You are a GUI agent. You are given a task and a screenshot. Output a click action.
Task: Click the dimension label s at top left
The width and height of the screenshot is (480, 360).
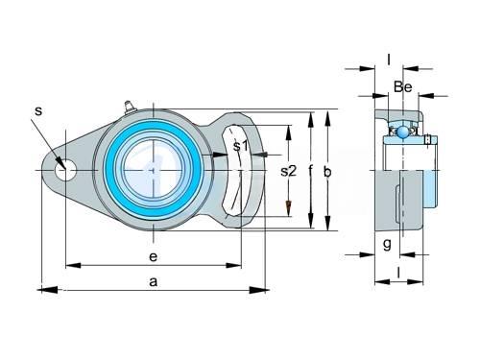(x=38, y=111)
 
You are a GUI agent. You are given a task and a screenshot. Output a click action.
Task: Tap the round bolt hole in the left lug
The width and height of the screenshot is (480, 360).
(x=65, y=170)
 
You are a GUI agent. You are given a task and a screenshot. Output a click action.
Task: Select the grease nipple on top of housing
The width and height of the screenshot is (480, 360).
(x=130, y=107)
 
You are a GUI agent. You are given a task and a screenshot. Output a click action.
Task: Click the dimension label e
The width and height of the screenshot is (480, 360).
(x=154, y=256)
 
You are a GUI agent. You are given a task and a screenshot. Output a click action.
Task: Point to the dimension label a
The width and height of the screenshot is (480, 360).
(x=154, y=282)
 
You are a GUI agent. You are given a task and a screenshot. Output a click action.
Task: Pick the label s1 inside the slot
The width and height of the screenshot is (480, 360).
(x=240, y=146)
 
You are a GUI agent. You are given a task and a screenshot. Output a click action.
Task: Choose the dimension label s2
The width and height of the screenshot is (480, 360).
(x=288, y=171)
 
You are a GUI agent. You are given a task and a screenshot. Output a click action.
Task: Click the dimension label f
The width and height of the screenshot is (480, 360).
(x=310, y=171)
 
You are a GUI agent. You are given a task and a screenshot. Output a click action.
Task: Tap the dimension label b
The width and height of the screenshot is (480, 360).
(x=327, y=172)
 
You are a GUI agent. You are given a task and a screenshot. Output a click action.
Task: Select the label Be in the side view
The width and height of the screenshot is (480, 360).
(x=402, y=86)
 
